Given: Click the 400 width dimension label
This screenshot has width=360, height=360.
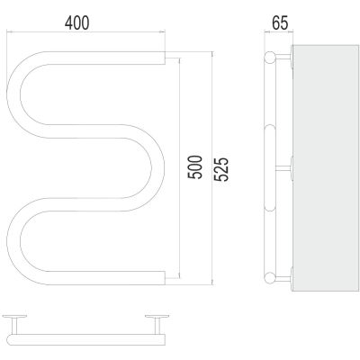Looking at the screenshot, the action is pyautogui.click(x=77, y=22).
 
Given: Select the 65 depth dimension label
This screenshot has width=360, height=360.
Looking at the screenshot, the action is pyautogui.click(x=280, y=22).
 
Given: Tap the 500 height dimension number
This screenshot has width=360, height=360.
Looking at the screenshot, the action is pyautogui.click(x=195, y=167).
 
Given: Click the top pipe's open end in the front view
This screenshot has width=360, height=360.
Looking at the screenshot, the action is pyautogui.click(x=165, y=58).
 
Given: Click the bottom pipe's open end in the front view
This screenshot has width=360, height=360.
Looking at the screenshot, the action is pyautogui.click(x=165, y=278).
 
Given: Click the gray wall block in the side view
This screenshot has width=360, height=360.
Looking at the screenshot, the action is pyautogui.click(x=325, y=168).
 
